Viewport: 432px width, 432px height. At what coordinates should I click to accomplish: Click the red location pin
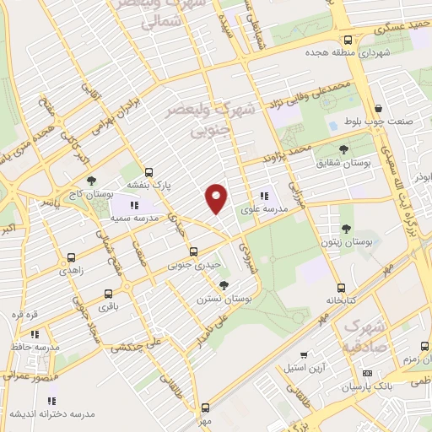pos(217,198)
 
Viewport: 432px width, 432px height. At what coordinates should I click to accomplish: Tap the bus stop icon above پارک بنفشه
pos(148,170)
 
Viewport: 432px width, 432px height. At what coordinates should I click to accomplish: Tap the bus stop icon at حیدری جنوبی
pos(194,251)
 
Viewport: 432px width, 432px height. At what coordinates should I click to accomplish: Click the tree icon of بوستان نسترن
pos(223,285)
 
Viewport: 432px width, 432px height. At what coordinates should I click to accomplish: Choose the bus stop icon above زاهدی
pos(71,258)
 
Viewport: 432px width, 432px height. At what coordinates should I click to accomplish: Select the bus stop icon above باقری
pos(106,294)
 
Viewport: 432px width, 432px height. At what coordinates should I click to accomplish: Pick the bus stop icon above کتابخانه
pos(341,287)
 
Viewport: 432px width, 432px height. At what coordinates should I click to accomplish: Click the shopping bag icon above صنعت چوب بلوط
pos(380,107)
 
